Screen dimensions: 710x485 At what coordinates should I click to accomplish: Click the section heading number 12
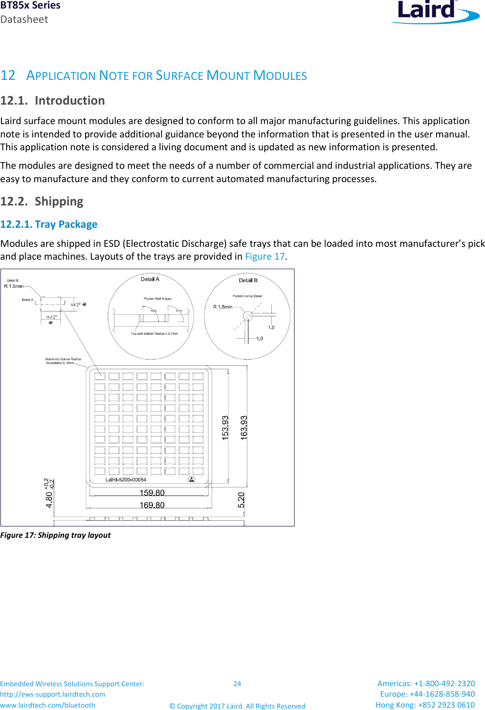8,76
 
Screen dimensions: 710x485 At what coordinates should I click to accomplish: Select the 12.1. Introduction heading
52,101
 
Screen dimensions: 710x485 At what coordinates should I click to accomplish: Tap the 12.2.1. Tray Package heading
49,224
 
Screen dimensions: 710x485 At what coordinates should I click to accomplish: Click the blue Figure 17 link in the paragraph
265,257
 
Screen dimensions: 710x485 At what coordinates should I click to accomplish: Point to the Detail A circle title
150,279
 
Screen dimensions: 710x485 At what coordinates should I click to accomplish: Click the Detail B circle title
248,280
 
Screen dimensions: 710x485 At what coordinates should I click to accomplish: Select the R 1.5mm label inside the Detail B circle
222,307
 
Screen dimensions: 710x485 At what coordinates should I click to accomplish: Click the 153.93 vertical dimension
225,428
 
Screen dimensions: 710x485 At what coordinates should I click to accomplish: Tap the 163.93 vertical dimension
244,428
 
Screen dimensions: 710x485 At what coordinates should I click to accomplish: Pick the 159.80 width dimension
152,493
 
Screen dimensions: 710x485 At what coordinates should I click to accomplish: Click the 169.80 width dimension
152,505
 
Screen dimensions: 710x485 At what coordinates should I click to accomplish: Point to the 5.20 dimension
241,500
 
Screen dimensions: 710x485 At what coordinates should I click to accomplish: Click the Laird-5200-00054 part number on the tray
125,480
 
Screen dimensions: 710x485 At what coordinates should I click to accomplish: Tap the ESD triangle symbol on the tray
191,479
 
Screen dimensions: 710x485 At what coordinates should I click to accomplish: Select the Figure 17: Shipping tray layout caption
55,535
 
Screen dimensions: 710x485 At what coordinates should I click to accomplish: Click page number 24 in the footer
237,684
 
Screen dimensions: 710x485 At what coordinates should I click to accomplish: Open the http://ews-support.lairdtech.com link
53,694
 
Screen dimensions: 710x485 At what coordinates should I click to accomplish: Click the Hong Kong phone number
425,705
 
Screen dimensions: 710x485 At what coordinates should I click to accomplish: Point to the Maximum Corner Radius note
63,361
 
